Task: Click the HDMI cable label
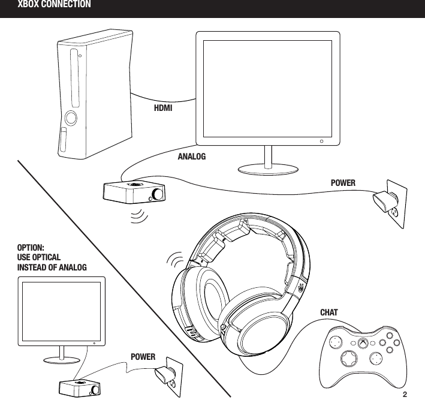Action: (163, 109)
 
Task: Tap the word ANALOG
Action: (192, 155)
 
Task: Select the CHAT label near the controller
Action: (329, 313)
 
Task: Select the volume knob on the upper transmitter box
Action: (157, 194)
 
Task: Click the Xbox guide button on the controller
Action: (364, 343)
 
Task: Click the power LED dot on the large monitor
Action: (322, 142)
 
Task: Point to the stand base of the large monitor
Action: (267, 167)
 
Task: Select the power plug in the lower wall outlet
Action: (164, 377)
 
